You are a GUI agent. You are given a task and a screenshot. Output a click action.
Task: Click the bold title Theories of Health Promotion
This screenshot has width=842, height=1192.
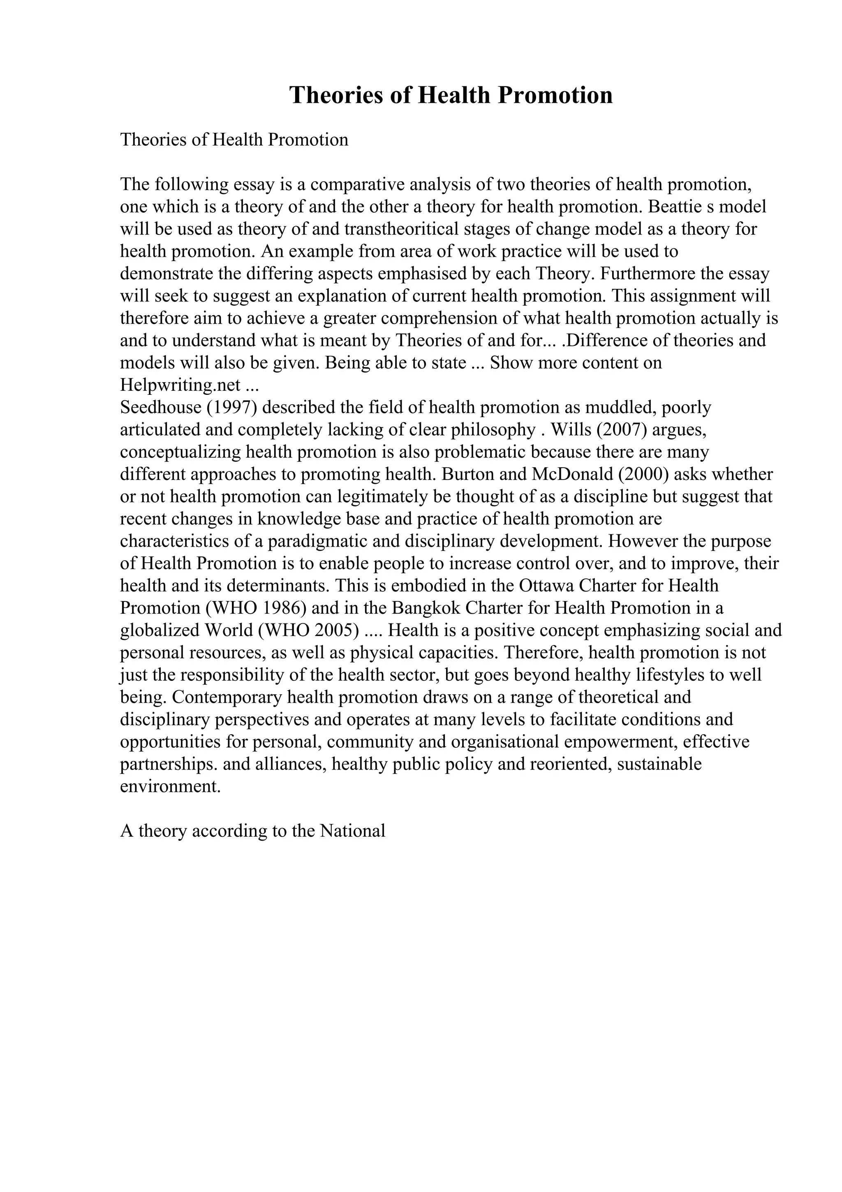pos(451,95)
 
